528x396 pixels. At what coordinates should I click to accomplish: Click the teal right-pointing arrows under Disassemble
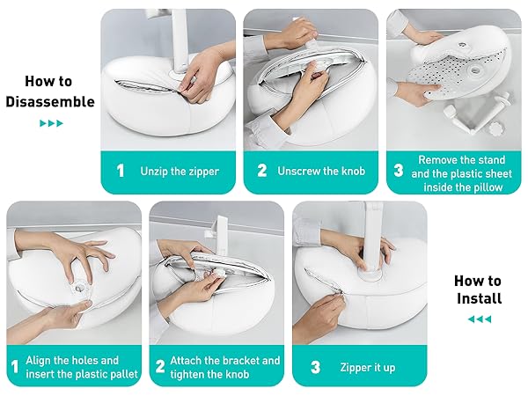coord(51,123)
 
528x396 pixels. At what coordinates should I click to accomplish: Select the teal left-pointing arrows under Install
coord(479,319)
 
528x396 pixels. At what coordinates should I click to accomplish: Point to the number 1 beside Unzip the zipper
coord(120,171)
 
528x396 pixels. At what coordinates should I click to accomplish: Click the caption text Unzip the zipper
coord(180,171)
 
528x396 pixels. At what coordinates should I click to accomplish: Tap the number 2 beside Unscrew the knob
coord(261,171)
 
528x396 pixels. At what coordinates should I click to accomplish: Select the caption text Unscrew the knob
coord(320,171)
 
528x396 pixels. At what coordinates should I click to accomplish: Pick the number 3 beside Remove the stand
coord(398,171)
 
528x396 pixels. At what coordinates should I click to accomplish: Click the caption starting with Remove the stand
coord(462,172)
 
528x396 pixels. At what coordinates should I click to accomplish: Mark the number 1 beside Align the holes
coord(14,367)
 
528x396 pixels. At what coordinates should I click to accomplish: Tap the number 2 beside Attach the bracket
coord(160,367)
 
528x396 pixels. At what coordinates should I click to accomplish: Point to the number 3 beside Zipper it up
coord(314,367)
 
